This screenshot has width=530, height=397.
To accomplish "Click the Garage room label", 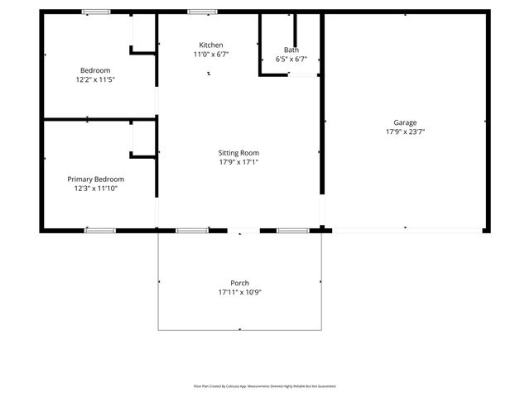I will tap(405, 122).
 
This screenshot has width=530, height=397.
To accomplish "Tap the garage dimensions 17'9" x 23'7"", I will tap(405, 132).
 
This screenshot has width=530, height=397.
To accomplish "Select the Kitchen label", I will tap(210, 45).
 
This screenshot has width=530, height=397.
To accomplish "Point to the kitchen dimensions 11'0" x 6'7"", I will tap(210, 55).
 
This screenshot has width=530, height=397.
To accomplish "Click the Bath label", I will tap(291, 50).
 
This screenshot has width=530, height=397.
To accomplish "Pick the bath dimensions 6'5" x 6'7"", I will tap(291, 60).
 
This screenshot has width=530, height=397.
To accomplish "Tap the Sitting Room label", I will tap(238, 153).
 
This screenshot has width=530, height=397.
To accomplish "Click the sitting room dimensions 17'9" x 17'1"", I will tap(238, 162).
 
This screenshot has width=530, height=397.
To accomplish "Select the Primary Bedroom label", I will tap(96, 179).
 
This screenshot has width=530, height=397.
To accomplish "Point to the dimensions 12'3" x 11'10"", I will tap(96, 189).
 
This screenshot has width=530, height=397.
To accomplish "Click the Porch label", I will tap(239, 283).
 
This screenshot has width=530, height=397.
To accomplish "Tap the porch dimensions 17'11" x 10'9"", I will tap(239, 293).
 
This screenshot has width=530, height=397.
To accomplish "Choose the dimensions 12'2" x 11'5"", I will tap(95, 80).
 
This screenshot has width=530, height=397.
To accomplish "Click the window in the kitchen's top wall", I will tap(202, 12).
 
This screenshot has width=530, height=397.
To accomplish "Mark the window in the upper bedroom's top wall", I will tap(95, 12).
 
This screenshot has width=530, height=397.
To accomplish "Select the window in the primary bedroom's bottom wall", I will tap(99, 230).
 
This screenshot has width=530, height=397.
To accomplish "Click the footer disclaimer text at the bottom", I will tap(265, 386).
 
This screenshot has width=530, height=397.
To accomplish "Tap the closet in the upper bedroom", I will tap(143, 33).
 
